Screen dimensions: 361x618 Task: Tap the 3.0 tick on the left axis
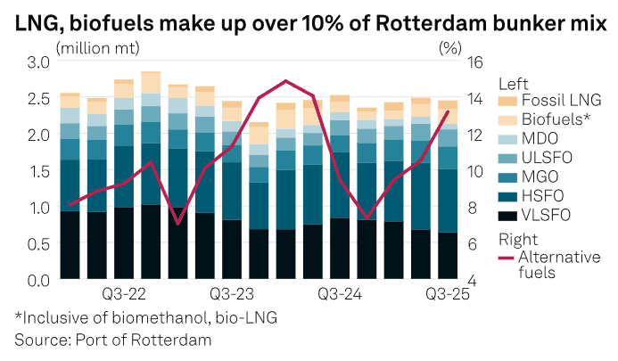[x=37, y=62]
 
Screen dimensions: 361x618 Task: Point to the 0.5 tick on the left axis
[x=37, y=243]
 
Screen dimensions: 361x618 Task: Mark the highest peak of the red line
[x=285, y=81]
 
